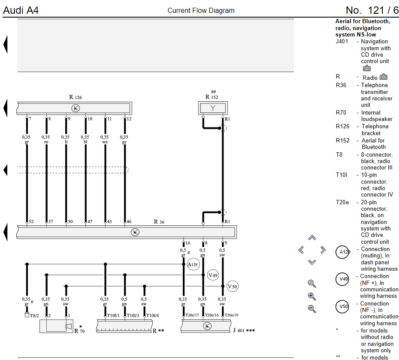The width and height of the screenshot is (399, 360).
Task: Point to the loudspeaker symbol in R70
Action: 69,326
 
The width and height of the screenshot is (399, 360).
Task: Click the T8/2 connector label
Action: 34,316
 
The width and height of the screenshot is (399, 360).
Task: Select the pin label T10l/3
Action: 133,315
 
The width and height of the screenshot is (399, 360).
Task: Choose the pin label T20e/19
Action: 231,315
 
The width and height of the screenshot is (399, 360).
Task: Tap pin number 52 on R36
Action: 31,221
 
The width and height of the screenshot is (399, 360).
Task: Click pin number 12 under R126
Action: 129,119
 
